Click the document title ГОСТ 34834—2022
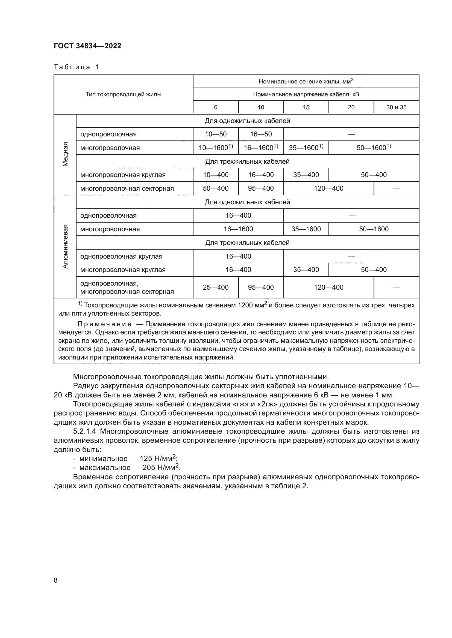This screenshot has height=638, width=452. [x=87, y=46]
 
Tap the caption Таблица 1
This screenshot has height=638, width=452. [x=76, y=67]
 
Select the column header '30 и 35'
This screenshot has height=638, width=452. [x=396, y=107]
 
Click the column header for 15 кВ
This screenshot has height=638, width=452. [x=306, y=107]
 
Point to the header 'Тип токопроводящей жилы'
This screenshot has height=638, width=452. [x=123, y=94]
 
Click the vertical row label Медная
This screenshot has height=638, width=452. [x=65, y=154]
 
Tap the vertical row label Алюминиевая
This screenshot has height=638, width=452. [x=65, y=246]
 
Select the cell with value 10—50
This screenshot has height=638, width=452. [x=216, y=134]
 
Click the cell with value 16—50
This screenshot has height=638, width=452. [x=261, y=134]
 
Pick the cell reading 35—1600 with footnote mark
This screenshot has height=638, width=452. [x=306, y=148]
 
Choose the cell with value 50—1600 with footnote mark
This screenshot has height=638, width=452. [x=374, y=148]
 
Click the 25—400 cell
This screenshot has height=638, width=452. [x=216, y=287]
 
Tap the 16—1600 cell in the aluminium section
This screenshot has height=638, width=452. [x=238, y=229]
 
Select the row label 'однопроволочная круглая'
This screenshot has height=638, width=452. [x=121, y=256]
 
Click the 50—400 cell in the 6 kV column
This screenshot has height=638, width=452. [x=216, y=188]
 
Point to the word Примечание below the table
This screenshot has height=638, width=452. [x=104, y=324]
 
